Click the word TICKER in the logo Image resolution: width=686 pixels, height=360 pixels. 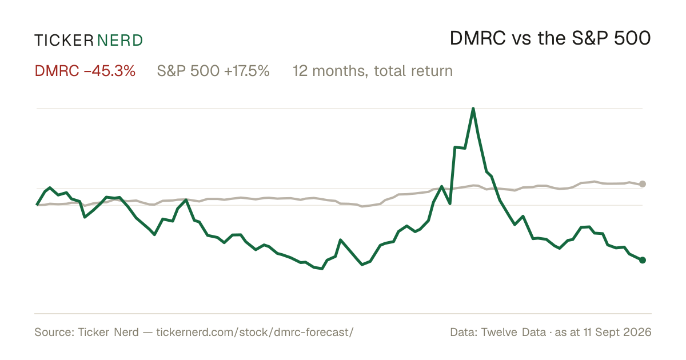64,41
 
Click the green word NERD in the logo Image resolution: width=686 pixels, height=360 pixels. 120,41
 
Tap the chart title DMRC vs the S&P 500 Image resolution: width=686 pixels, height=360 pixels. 550,39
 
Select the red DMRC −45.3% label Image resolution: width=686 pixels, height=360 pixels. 85,71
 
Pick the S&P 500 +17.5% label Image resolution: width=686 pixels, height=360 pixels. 213,71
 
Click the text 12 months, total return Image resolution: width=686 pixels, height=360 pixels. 372,71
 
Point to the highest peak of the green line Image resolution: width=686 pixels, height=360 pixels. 473,109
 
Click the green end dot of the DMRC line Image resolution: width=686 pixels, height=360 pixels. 643,260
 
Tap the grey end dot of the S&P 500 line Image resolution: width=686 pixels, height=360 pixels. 643,184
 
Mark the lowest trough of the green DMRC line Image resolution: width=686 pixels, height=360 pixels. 321,269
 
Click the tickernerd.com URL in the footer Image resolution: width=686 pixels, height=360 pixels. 255,333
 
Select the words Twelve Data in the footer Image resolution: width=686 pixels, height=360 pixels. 513,332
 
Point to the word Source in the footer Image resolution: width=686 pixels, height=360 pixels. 53,332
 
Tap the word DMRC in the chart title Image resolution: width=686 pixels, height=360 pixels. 478,39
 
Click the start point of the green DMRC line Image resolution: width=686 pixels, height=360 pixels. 37,205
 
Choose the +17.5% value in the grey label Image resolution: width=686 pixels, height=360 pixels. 247,71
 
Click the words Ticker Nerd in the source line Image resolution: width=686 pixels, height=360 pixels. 108,332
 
